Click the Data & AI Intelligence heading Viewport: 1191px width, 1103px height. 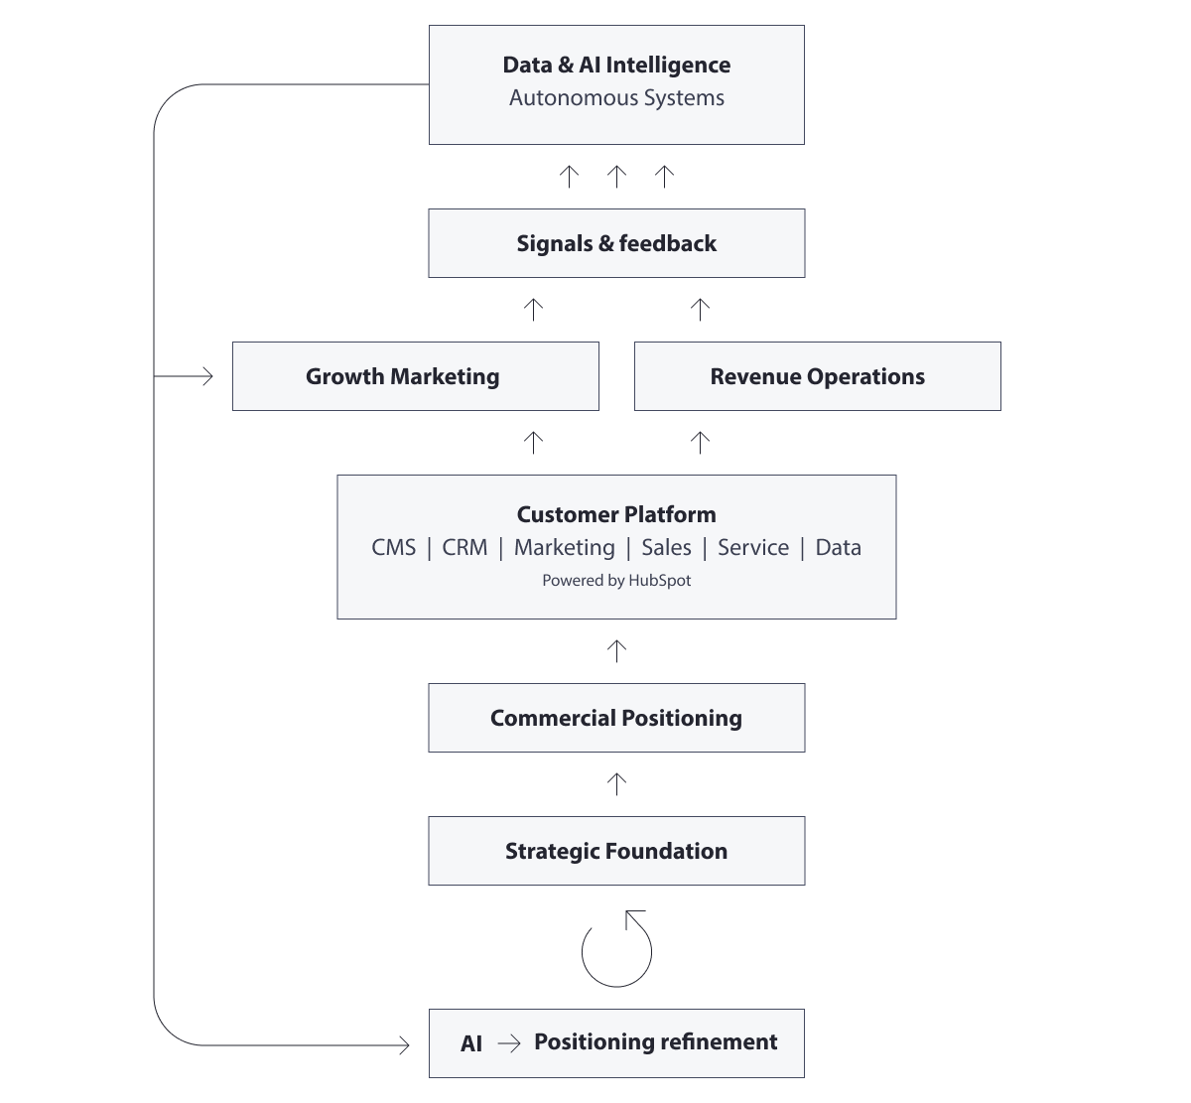tap(616, 66)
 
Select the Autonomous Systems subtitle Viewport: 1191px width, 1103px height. tap(616, 98)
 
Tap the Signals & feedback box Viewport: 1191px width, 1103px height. tap(616, 243)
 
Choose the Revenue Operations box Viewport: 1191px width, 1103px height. tap(817, 376)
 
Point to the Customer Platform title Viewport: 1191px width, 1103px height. tap(616, 514)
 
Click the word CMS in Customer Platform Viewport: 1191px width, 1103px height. tap(394, 548)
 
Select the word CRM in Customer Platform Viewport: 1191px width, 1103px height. tap(464, 548)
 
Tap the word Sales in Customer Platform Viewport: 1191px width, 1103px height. tap(666, 548)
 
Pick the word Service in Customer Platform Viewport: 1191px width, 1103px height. tap(753, 548)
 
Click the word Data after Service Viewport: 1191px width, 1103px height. tap(838, 548)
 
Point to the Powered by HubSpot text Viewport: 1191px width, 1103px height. tap(616, 581)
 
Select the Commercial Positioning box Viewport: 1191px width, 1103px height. tap(616, 718)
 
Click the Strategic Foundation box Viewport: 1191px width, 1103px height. tap(616, 851)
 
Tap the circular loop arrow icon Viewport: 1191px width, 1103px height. tap(616, 950)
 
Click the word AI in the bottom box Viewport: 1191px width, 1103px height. tap(471, 1043)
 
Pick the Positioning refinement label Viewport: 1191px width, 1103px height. tap(655, 1042)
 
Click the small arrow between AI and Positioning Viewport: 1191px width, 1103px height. tap(509, 1043)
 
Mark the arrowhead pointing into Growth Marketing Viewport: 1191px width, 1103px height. tap(206, 376)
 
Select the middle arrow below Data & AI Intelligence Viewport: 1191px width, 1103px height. tap(616, 177)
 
